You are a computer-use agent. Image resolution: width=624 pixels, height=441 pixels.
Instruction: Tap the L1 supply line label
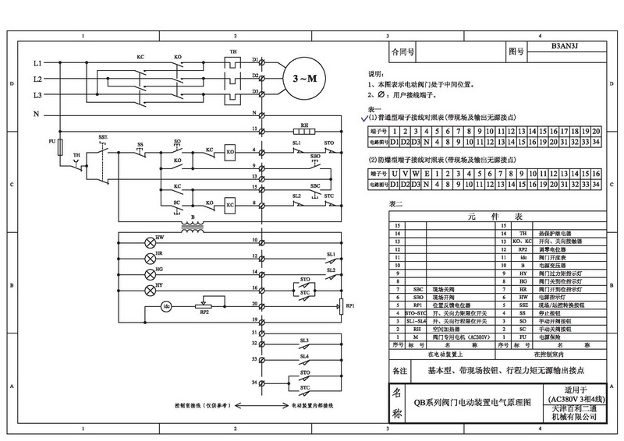click(37, 62)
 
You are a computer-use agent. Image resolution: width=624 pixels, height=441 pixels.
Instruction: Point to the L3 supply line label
click(37, 94)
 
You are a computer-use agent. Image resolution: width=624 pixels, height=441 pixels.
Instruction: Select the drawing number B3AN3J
click(564, 47)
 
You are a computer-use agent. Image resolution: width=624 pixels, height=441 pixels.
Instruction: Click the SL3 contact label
click(303, 341)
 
